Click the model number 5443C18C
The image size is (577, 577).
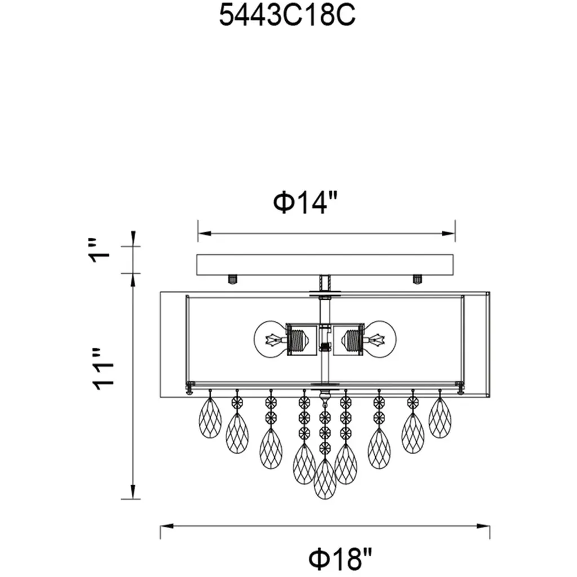click(287, 15)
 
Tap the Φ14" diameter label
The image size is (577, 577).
click(305, 202)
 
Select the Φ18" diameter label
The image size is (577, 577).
click(340, 558)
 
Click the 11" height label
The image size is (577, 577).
click(103, 369)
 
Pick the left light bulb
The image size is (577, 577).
click(270, 339)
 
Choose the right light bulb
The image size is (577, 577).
click(379, 339)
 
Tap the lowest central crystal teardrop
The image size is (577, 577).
click(325, 479)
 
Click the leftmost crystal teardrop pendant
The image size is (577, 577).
click(210, 418)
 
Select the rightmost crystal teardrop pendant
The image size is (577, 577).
click(440, 418)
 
